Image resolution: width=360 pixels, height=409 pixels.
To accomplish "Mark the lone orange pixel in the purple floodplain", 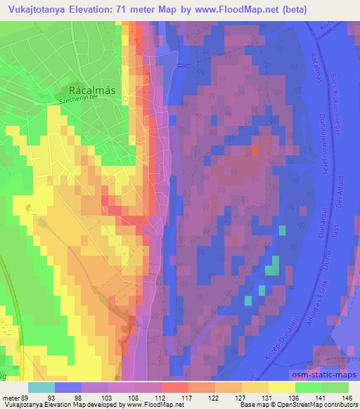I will (255, 150).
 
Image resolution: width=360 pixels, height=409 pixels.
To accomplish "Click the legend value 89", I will (27, 398).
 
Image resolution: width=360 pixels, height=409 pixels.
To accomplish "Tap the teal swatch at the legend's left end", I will (41, 387).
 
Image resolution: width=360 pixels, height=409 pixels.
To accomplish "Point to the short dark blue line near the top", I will (184, 65).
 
